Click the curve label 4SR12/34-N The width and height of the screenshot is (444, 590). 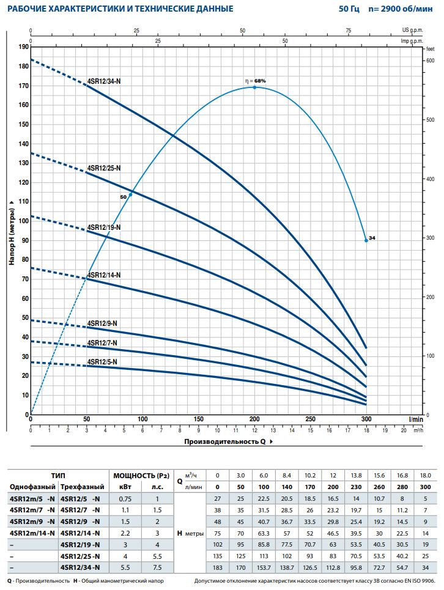tap(103, 81)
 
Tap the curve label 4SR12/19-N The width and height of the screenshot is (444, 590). tap(103, 227)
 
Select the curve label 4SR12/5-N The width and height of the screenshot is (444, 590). tap(102, 362)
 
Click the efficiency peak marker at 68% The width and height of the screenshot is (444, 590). tap(254, 87)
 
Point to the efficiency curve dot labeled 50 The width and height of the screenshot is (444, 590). tap(130, 194)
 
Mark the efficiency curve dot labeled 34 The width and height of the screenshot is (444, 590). tap(366, 240)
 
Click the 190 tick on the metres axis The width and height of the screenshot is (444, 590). tap(24, 46)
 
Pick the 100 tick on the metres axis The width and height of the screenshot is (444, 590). tap(24, 221)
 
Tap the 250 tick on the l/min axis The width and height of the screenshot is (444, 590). tap(311, 419)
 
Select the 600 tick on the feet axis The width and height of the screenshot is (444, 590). tap(430, 61)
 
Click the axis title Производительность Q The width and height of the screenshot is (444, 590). tap(225, 440)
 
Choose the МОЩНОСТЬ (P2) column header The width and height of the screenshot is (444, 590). tap(141, 475)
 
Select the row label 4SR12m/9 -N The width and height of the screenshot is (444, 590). tap(32, 521)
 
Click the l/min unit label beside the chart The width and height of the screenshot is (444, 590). tap(416, 419)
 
